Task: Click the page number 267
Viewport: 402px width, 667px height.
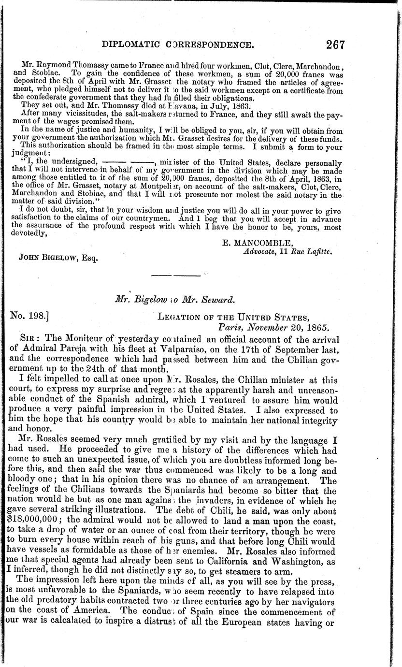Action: (x=335, y=45)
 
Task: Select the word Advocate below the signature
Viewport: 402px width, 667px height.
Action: (x=261, y=250)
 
